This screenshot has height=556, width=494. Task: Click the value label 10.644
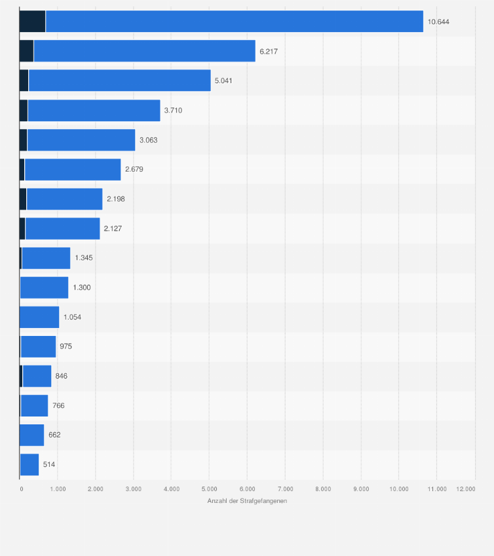[x=438, y=22]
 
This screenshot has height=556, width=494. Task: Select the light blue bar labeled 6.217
[x=144, y=51]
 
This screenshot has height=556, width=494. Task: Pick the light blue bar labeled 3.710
[x=94, y=110]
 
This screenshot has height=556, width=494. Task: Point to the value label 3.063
[x=149, y=140]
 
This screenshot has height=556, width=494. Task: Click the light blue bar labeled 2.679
[x=72, y=170]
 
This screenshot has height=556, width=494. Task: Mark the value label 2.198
[x=115, y=199]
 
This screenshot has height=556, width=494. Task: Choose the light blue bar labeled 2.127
[x=62, y=229]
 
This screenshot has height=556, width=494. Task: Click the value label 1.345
[x=84, y=258]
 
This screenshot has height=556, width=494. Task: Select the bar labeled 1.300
[x=44, y=287]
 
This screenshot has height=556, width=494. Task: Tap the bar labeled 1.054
[x=39, y=317]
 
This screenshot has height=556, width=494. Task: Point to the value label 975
[x=67, y=346]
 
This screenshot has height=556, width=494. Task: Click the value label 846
[x=62, y=376]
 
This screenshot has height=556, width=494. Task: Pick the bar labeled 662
[x=31, y=435]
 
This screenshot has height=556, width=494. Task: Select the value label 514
[x=49, y=464]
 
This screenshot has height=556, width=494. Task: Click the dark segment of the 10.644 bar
[x=32, y=22]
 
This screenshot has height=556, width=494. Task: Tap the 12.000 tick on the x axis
[x=465, y=489]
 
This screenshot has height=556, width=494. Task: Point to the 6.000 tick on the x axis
[x=247, y=489]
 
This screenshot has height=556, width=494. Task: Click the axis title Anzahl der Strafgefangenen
[x=247, y=501]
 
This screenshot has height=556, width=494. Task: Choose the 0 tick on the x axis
[x=21, y=489]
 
